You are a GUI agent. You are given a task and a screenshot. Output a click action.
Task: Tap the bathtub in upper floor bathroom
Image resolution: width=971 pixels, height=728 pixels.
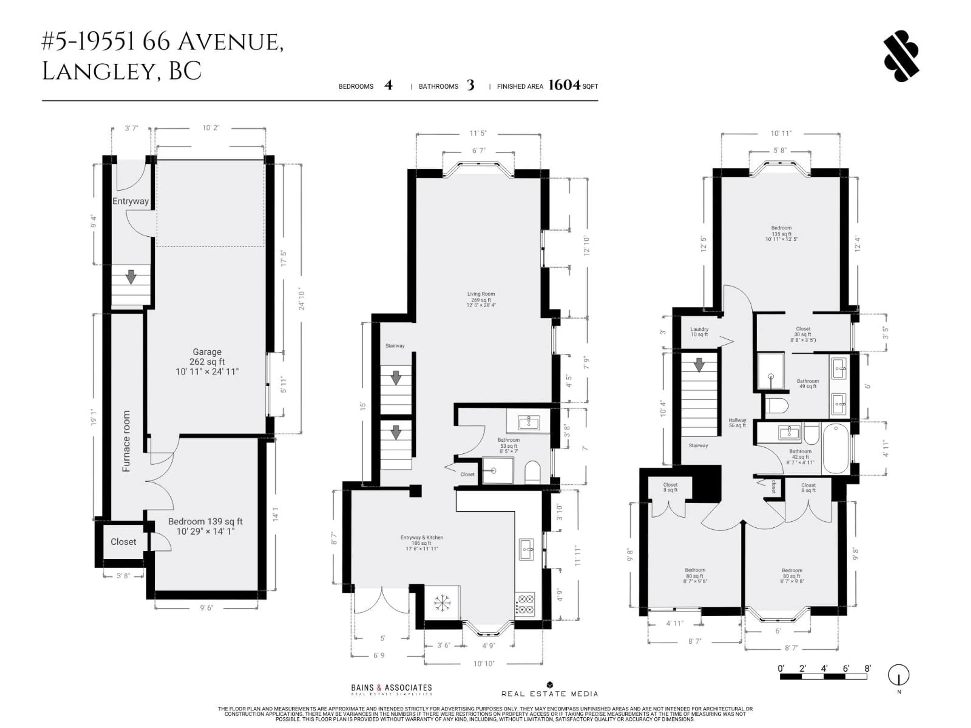(x=837, y=448)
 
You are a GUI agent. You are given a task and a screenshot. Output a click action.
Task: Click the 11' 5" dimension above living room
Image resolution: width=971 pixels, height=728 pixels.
(x=478, y=133)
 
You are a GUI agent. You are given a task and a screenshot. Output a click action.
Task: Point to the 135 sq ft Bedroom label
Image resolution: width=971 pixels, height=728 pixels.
(x=781, y=234)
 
